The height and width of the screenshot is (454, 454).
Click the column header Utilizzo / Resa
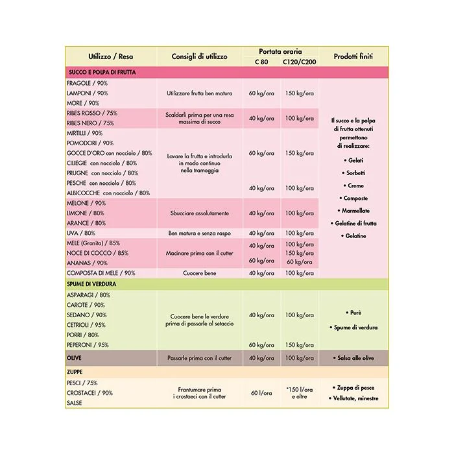click(x=110, y=56)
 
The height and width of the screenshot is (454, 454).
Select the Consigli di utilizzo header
click(x=199, y=56)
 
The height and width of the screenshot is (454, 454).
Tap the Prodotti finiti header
click(x=356, y=56)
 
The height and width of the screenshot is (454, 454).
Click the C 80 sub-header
click(x=261, y=62)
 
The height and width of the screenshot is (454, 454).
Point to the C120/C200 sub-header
click(x=299, y=62)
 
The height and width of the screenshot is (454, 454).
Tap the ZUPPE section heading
click(x=77, y=373)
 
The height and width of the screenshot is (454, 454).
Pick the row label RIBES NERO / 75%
click(x=90, y=123)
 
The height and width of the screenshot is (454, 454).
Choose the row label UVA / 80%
click(x=81, y=233)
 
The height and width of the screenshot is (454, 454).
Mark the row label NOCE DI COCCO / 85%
click(x=97, y=253)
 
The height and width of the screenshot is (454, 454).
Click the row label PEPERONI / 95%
click(x=88, y=345)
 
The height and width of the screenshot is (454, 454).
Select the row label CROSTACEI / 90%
click(x=90, y=392)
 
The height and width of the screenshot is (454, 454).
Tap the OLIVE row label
click(x=75, y=358)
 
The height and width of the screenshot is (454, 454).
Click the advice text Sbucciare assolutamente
click(x=199, y=213)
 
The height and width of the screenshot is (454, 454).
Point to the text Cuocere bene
click(x=199, y=273)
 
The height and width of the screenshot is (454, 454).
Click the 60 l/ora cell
click(x=261, y=393)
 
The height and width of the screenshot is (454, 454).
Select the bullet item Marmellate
click(x=356, y=210)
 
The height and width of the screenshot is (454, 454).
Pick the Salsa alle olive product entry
click(x=356, y=358)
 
